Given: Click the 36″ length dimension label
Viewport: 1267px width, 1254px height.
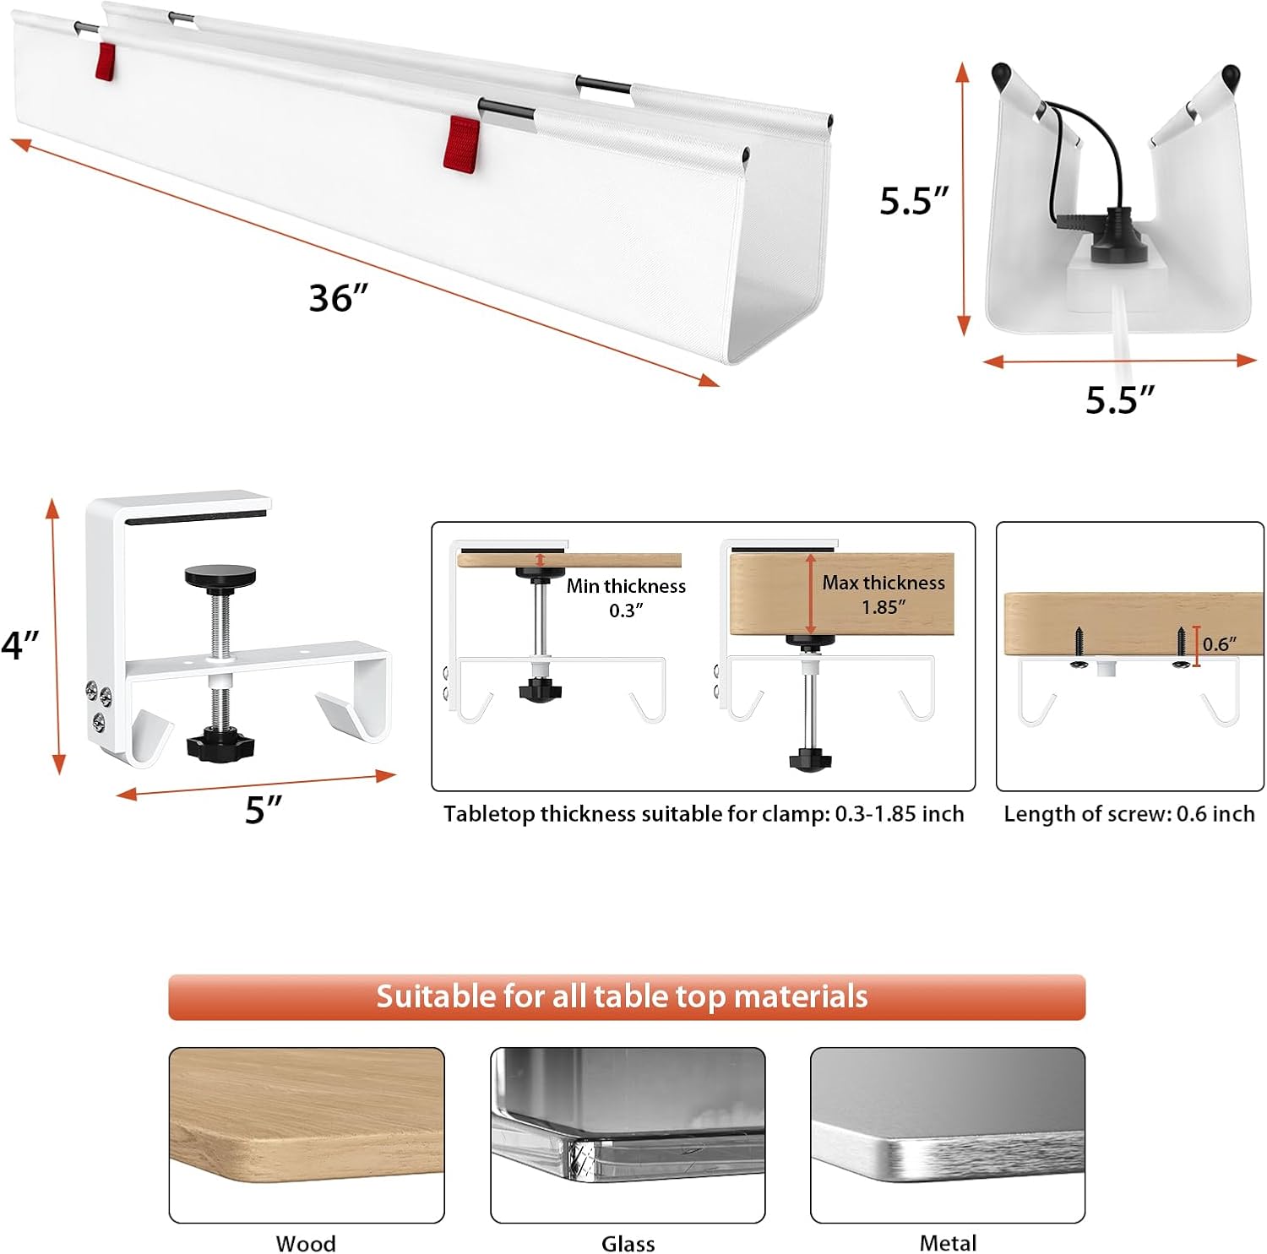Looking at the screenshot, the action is click(339, 298).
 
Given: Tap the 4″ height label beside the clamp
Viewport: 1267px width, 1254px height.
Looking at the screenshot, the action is click(20, 646).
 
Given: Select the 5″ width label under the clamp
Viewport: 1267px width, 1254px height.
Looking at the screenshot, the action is click(264, 809).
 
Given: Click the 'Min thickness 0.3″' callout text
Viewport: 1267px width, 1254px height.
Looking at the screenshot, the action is click(626, 598).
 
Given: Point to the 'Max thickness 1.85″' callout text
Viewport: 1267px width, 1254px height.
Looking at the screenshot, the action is click(884, 594).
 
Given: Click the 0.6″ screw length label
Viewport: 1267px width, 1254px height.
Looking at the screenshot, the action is click(1220, 644).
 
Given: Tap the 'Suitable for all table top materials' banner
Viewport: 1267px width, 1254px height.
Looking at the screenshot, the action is click(627, 997).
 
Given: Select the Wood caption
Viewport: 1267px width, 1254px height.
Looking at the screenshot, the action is click(306, 1243).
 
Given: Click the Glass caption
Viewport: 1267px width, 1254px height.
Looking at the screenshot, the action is click(628, 1243).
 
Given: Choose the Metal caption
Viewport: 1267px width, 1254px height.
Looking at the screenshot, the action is click(948, 1243).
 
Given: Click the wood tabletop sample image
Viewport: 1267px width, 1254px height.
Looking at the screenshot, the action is click(307, 1135).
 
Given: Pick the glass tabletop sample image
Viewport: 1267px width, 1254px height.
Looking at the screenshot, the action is click(628, 1135).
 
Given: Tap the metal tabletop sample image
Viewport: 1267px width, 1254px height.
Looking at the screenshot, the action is click(948, 1135).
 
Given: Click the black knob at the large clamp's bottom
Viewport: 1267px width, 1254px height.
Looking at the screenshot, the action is click(219, 746).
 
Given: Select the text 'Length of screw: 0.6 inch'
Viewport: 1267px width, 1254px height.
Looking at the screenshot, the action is click(1129, 813).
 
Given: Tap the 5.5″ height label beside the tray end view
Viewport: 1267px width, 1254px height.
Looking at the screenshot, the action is click(913, 201).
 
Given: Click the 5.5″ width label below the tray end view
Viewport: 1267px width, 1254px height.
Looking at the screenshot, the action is click(1119, 400).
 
